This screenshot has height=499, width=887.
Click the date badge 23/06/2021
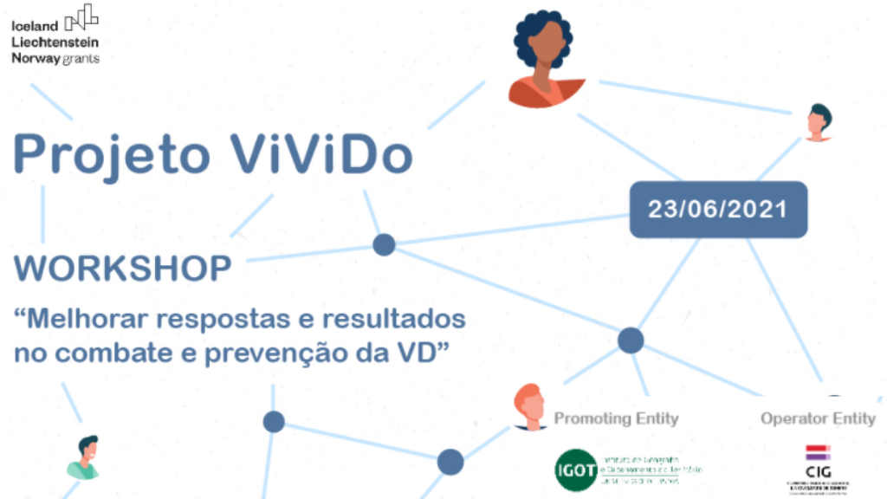pyautogui.click(x=718, y=209)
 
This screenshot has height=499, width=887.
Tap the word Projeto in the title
pyautogui.click(x=111, y=154)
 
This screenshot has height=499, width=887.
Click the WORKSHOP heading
pyautogui.click(x=123, y=269)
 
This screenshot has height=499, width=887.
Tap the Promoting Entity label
pyautogui.click(x=616, y=418)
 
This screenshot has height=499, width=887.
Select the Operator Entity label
pyautogui.click(x=818, y=418)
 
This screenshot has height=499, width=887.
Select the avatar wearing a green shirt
pyautogui.click(x=85, y=457)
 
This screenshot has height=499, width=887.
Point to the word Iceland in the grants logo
pyautogui.click(x=35, y=26)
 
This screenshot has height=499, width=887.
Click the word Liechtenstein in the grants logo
pyautogui.click(x=55, y=42)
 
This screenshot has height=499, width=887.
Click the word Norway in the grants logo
pyautogui.click(x=36, y=58)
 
